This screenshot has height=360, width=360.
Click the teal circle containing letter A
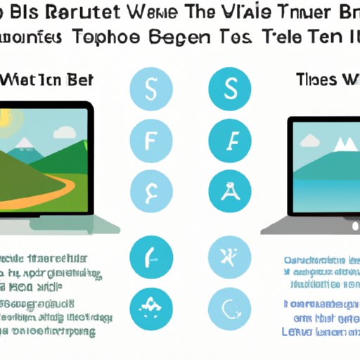tap(229, 191)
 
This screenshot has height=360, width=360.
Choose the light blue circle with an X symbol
tap(229, 256)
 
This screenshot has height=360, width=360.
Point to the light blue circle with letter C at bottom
tap(229, 305)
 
